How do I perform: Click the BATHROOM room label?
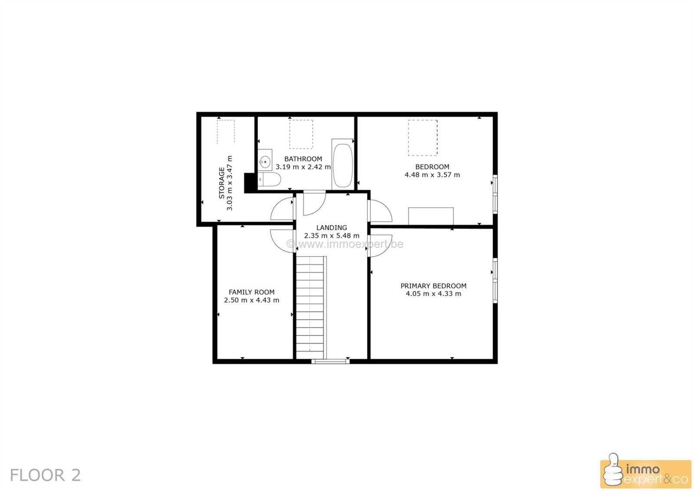[303, 159]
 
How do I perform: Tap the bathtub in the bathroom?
[343, 164]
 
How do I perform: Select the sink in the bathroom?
[265, 160]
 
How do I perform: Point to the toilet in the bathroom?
[269, 179]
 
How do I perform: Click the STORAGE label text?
[222, 182]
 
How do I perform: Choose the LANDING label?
[331, 228]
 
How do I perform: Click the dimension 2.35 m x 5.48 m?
[331, 236]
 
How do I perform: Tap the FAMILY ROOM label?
[252, 292]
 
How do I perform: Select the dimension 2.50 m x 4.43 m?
[252, 300]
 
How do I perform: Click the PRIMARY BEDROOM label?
[433, 286]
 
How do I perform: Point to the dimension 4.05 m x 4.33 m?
[433, 293]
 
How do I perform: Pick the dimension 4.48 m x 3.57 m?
[432, 175]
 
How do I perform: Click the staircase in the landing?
[311, 307]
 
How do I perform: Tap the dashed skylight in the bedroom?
[422, 138]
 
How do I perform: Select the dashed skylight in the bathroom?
[301, 134]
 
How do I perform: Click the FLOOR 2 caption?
[45, 475]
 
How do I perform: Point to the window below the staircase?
[331, 361]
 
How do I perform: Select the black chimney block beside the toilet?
[250, 183]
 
